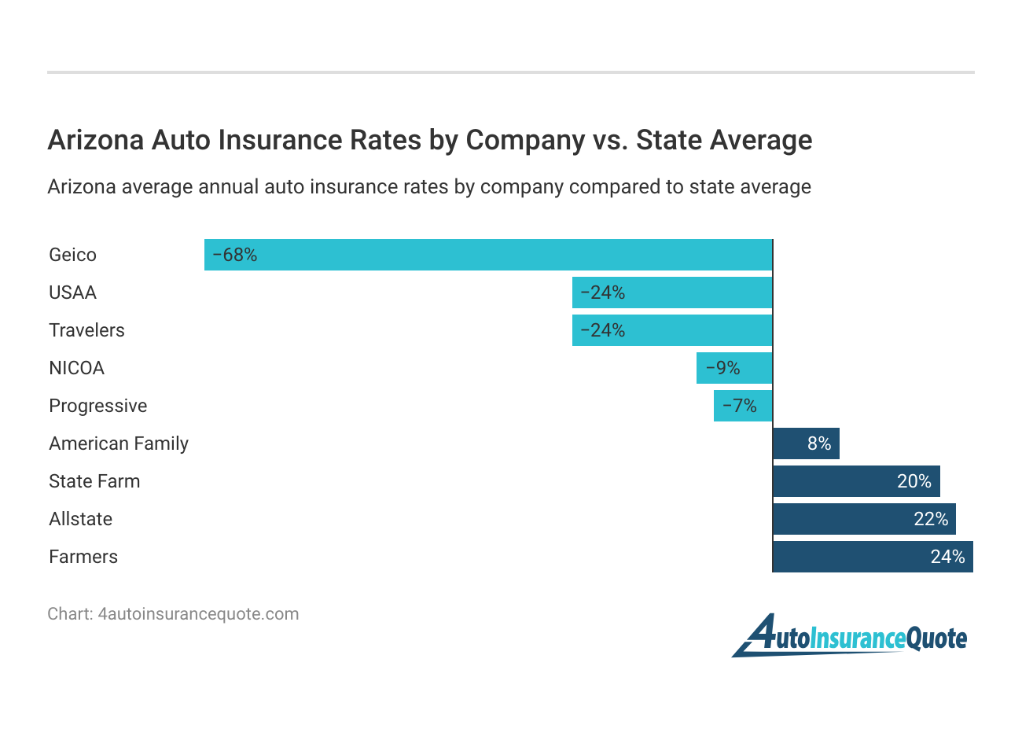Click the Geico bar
point(488,255)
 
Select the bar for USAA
point(672,293)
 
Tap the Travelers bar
point(672,330)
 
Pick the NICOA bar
point(734,368)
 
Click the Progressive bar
point(743,406)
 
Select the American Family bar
point(806,443)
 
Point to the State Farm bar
point(856,481)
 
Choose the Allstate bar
point(864,519)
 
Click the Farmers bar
point(873,557)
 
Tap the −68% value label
point(234,255)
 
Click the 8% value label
point(819,443)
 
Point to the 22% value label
point(931,519)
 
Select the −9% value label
point(722,368)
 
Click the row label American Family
point(119,443)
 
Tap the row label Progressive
point(98,406)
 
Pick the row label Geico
point(72,255)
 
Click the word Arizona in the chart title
point(96,140)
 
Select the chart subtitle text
point(429,187)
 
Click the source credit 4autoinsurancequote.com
point(198,614)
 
